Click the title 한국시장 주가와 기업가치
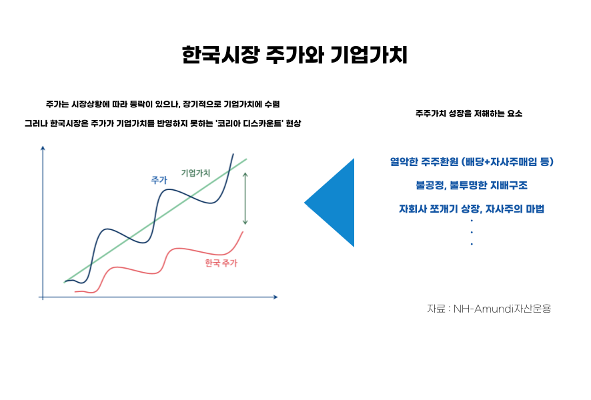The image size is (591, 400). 294,55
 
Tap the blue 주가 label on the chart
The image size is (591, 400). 159,180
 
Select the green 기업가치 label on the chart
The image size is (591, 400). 195,173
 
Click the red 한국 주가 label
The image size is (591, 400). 221,263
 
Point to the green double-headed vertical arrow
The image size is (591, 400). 245,199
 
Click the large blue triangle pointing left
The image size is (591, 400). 329,203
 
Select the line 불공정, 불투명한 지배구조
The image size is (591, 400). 472,185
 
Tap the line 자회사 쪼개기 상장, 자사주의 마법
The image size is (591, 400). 472,209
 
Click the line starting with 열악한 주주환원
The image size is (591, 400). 472,161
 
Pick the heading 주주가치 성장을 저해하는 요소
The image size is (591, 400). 469,113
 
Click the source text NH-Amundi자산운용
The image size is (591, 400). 502,309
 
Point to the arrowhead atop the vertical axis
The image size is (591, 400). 43,148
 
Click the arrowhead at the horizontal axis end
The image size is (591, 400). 275,297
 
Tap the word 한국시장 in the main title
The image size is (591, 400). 221,55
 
